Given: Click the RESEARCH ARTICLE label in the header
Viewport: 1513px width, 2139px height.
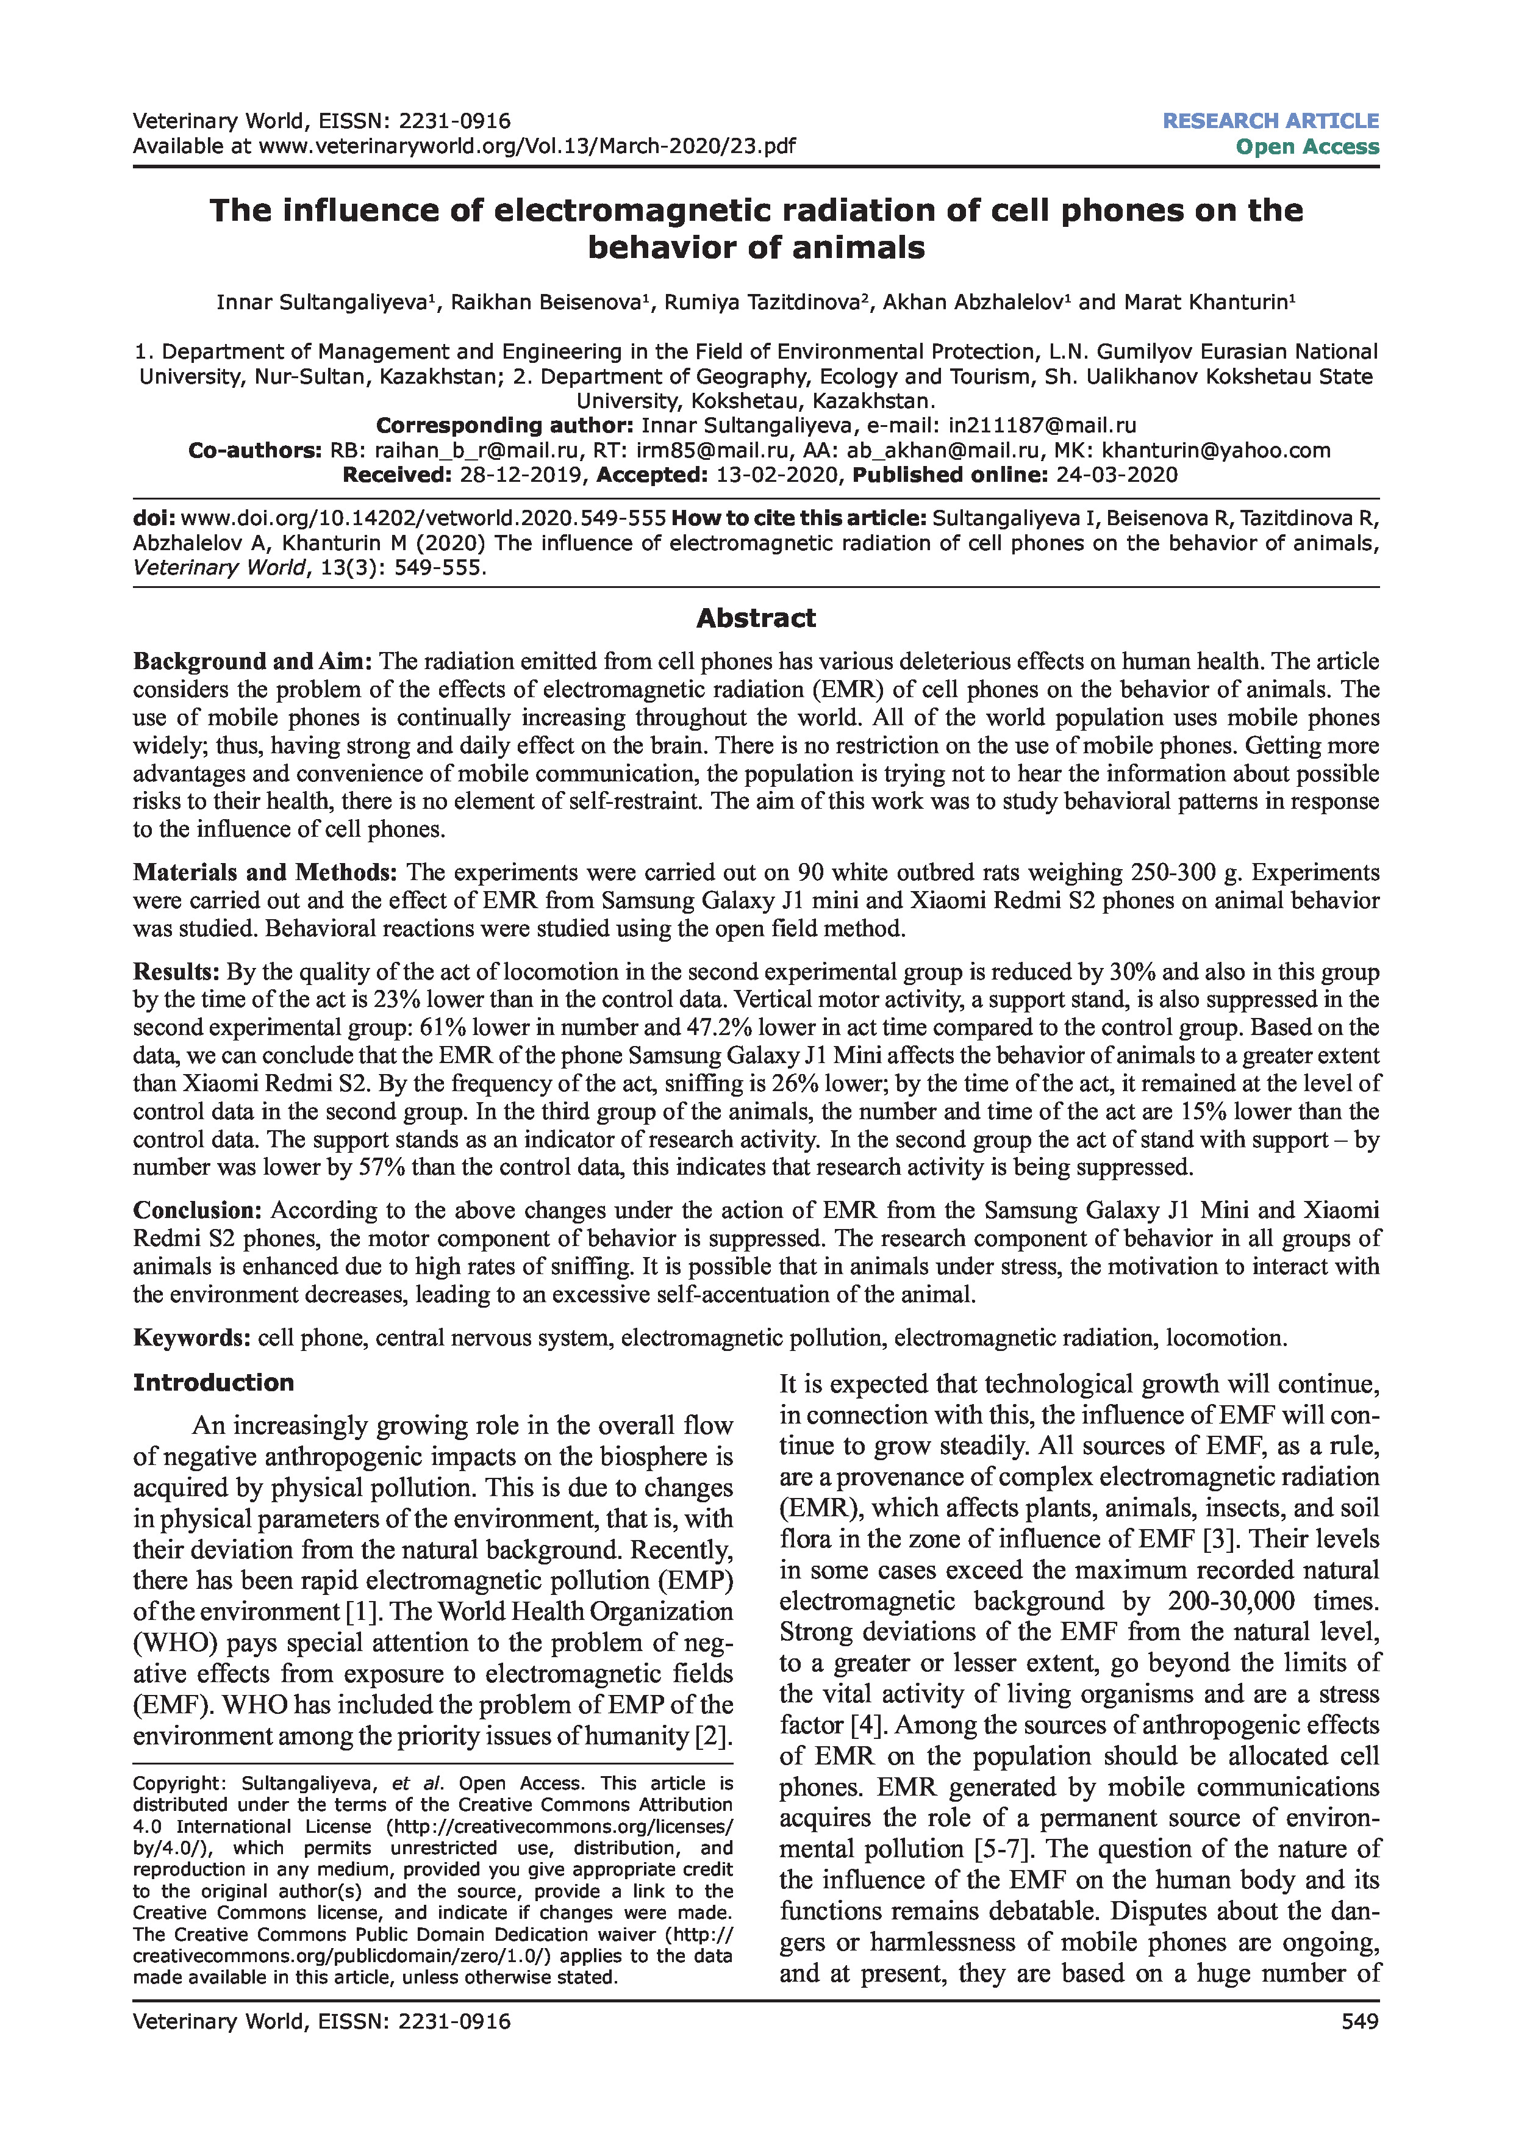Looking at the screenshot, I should tap(1270, 121).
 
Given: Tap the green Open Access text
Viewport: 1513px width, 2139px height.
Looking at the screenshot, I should tap(1307, 147).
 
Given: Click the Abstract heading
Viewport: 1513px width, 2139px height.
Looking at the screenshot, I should tap(756, 618).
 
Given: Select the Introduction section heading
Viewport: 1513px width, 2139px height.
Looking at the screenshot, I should tap(213, 1383).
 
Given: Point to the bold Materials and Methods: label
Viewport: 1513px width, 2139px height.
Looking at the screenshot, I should tap(265, 873).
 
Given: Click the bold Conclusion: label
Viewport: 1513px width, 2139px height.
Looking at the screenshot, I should tap(198, 1210).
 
